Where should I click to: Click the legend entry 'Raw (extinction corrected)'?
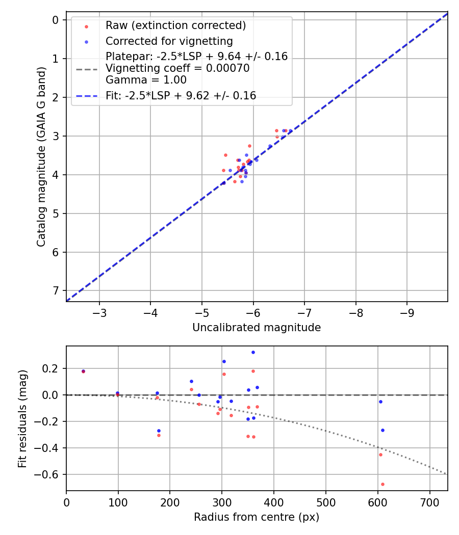(x=175, y=25)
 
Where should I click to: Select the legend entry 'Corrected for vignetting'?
(x=169, y=41)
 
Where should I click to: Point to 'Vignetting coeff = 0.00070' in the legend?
(x=177, y=68)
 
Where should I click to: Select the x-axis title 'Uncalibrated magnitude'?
(x=257, y=328)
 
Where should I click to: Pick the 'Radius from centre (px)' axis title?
(x=257, y=517)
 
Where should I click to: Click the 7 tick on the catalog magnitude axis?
(x=56, y=290)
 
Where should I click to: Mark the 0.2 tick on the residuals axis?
(x=53, y=368)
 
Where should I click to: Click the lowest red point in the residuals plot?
(x=382, y=484)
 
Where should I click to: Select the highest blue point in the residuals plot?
(x=253, y=352)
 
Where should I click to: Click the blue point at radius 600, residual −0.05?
(x=380, y=402)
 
